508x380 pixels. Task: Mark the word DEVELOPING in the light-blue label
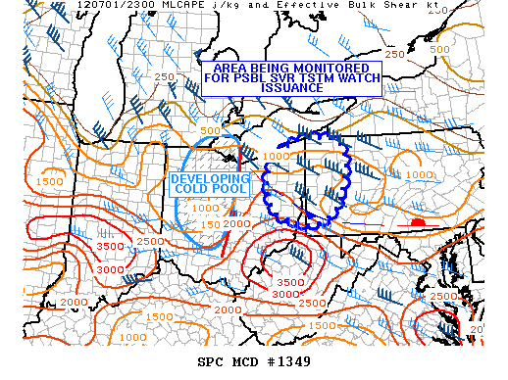coord(211,179)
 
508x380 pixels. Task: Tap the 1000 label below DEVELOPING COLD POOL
coord(205,208)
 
